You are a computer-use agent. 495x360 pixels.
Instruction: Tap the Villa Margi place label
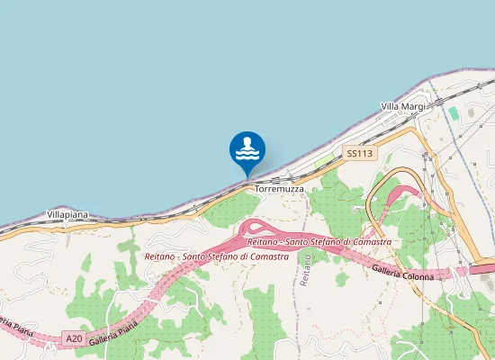(402, 106)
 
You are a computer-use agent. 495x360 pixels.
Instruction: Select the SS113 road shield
(359, 154)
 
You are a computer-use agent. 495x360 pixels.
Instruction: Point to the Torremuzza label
(280, 190)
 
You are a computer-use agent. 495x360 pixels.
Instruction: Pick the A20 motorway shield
(75, 339)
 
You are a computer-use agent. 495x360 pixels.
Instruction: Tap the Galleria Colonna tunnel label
(402, 273)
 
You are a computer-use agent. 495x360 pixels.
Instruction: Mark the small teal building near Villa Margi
(454, 113)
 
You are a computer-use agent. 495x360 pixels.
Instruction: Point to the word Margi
(413, 106)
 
